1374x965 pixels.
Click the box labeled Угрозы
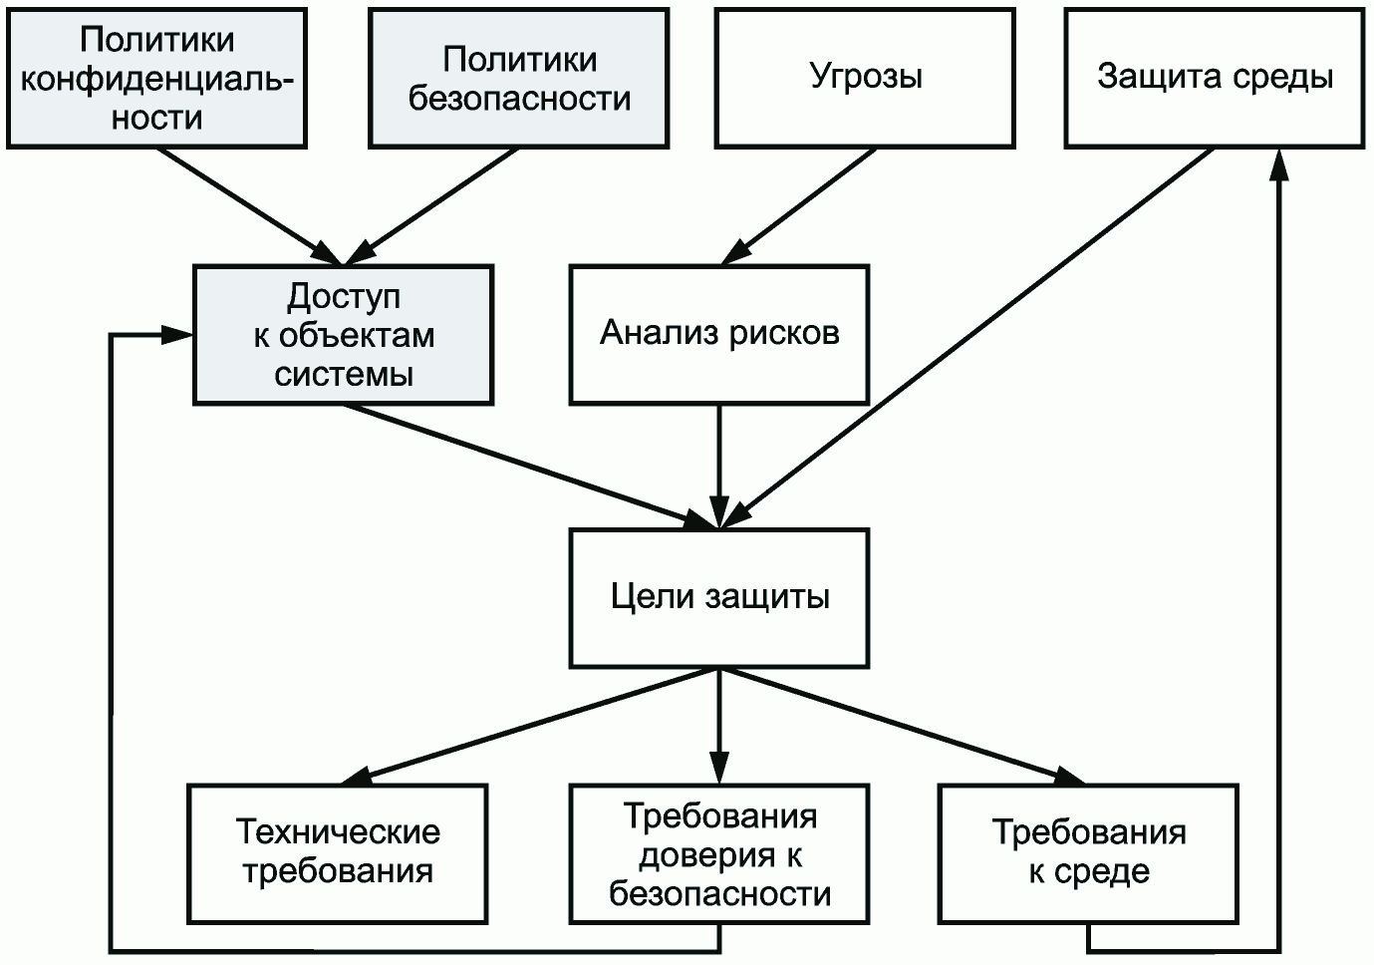point(865,78)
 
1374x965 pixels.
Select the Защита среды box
point(1215,78)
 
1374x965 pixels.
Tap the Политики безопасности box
point(519,78)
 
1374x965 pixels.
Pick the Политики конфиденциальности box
point(156,78)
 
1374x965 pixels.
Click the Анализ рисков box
point(718,334)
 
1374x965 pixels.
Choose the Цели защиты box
point(718,597)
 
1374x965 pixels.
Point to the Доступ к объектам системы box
point(343,334)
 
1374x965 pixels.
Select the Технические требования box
point(338,852)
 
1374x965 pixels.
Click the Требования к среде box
point(1088,852)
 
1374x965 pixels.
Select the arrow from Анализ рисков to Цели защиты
point(718,464)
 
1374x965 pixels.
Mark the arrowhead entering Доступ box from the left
point(177,335)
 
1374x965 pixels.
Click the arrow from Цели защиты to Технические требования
point(528,725)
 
